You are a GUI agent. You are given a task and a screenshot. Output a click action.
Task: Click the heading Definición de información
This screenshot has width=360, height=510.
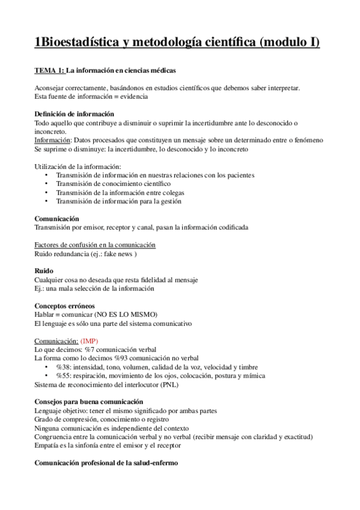[x=75, y=114]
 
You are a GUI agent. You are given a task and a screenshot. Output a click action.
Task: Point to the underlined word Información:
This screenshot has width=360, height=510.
[x=52, y=140]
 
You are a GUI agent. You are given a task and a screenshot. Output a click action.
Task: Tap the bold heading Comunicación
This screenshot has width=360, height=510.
[x=57, y=218]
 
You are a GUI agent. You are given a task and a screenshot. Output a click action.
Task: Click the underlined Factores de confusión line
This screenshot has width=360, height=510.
[x=96, y=245]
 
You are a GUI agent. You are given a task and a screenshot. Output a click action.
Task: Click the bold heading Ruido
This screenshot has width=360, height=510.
[x=44, y=271]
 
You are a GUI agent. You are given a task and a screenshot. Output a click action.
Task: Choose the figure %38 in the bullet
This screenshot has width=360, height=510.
[x=63, y=367]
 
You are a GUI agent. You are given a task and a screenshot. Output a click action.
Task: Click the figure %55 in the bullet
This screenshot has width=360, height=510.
[x=63, y=376]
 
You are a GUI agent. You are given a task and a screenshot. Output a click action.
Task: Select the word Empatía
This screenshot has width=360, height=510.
[x=48, y=446]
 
